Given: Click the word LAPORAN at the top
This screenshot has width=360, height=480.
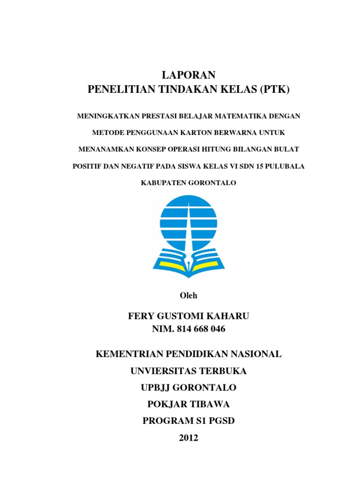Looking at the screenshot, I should (188, 75).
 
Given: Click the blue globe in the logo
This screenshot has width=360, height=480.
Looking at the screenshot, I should (188, 220).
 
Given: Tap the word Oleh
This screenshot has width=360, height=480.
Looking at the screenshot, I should (188, 295).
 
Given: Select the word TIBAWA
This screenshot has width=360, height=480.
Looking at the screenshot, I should (209, 404).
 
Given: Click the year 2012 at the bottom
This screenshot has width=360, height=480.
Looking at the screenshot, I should (188, 438).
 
